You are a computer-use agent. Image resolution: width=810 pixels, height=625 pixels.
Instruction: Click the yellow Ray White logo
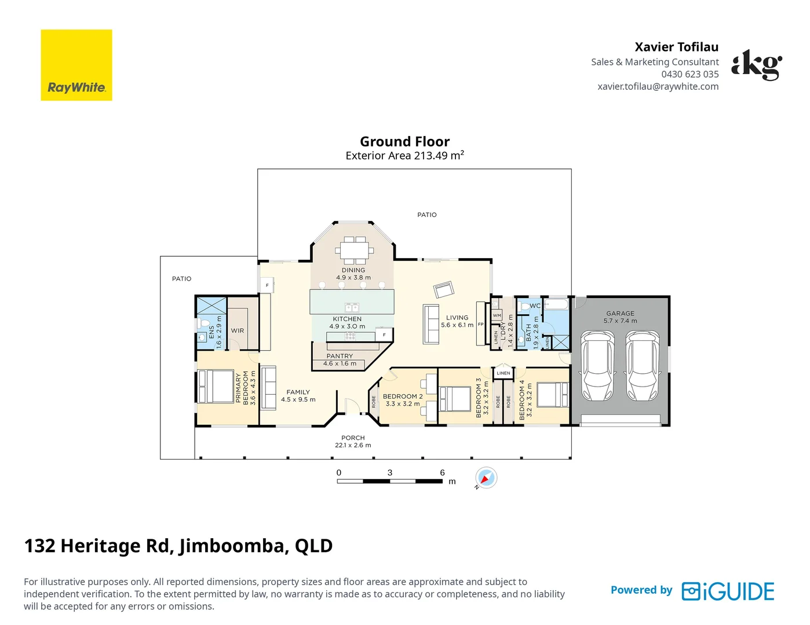point(76,65)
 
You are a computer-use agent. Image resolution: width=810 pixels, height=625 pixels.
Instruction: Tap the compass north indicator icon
point(486,477)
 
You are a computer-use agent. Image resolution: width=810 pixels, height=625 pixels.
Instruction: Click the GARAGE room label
point(620,314)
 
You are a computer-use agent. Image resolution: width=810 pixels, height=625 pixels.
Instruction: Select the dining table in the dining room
point(354,250)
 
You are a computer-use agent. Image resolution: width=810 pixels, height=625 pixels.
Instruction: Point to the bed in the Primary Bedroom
point(216,386)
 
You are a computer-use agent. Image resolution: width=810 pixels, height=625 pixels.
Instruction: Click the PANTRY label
point(340,356)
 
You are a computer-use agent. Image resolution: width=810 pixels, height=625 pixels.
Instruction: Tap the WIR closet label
point(238,330)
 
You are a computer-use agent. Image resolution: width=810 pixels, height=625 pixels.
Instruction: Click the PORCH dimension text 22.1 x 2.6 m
point(353,445)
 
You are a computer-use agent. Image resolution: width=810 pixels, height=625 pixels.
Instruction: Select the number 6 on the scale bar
point(443,473)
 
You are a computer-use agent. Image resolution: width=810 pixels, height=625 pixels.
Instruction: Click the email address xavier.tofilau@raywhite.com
point(658,86)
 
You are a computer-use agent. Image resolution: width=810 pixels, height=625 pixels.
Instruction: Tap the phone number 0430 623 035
point(690,74)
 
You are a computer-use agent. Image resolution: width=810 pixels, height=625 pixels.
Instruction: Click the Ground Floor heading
point(405,141)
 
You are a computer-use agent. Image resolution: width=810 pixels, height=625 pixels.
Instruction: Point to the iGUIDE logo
point(728,591)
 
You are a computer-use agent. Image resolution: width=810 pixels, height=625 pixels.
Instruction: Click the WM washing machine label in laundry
point(497,315)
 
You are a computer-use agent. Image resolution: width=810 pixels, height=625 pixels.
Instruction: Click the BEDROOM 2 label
point(403,396)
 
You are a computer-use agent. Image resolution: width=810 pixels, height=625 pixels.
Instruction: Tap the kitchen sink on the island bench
point(352,307)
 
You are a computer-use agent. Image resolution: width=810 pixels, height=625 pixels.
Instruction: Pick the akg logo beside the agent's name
point(757,65)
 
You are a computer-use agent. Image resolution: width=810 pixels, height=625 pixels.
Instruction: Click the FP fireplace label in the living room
point(480,324)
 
